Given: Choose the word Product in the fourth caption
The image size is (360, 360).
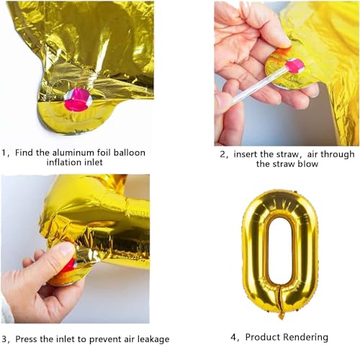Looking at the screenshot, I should tap(265, 336).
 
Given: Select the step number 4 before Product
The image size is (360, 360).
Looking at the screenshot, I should tap(234, 336).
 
